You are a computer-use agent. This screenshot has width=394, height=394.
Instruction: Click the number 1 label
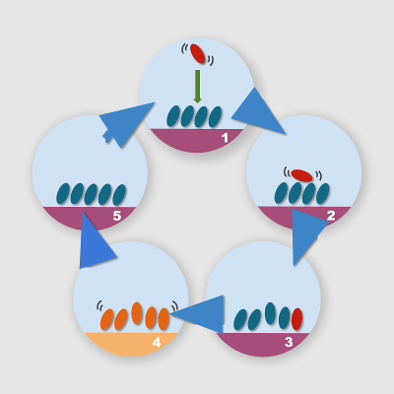[x=225, y=138]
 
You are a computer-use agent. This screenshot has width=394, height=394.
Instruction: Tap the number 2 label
[x=331, y=216]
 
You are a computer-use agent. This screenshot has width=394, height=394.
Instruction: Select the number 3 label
[x=289, y=342]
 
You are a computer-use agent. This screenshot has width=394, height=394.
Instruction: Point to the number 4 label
[x=157, y=343]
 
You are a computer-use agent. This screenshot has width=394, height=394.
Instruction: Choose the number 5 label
[x=117, y=216]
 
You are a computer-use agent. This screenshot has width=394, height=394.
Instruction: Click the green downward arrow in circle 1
[x=197, y=87]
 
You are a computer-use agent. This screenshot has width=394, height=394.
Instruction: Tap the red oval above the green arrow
[x=198, y=53]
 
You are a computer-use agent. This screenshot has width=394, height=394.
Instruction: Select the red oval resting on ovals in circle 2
[x=301, y=175]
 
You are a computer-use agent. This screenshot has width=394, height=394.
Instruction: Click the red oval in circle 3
[x=296, y=319]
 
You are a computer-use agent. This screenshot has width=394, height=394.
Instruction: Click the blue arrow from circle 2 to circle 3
[x=307, y=234]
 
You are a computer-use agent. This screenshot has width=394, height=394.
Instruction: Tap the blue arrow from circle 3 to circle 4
[x=197, y=314]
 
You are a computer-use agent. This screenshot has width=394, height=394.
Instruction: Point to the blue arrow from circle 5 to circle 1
[x=126, y=124]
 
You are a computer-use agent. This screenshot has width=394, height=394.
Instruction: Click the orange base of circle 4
[x=131, y=344]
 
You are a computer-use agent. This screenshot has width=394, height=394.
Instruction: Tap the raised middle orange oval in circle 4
[x=137, y=313]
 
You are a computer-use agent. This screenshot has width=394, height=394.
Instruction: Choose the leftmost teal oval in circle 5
[x=63, y=194]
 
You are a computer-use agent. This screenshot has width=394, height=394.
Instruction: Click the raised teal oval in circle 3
[x=270, y=313]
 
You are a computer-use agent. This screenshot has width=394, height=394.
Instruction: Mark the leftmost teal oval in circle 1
[x=173, y=116]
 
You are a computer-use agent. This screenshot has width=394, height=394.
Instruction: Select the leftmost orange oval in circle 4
[x=106, y=319]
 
